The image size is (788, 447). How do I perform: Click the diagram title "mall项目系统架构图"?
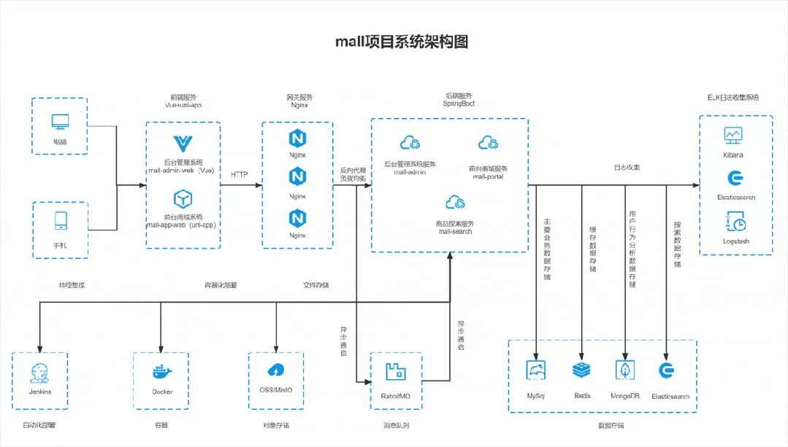tap(401, 42)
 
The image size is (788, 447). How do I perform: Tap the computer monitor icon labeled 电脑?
tap(60, 122)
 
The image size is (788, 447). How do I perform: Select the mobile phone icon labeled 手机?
tap(60, 220)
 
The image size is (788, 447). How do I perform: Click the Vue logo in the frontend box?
tap(182, 143)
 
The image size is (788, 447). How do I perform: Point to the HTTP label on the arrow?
tap(240, 175)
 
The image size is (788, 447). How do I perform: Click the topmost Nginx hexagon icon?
tap(297, 138)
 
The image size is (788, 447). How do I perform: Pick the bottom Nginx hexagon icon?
tap(297, 217)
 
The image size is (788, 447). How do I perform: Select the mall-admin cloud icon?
tap(408, 143)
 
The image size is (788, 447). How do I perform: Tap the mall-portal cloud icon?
tap(488, 142)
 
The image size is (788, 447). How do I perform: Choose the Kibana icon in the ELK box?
tap(733, 135)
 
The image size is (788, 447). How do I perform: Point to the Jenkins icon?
tap(39, 373)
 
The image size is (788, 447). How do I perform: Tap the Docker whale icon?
tap(161, 372)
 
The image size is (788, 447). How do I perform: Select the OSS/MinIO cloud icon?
tap(276, 370)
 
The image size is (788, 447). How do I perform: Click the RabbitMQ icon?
tap(395, 372)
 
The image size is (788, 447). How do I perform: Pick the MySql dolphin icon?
tap(537, 370)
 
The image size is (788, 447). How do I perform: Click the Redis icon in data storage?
tap(582, 370)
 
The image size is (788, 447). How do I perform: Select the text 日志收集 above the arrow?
tap(627, 168)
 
